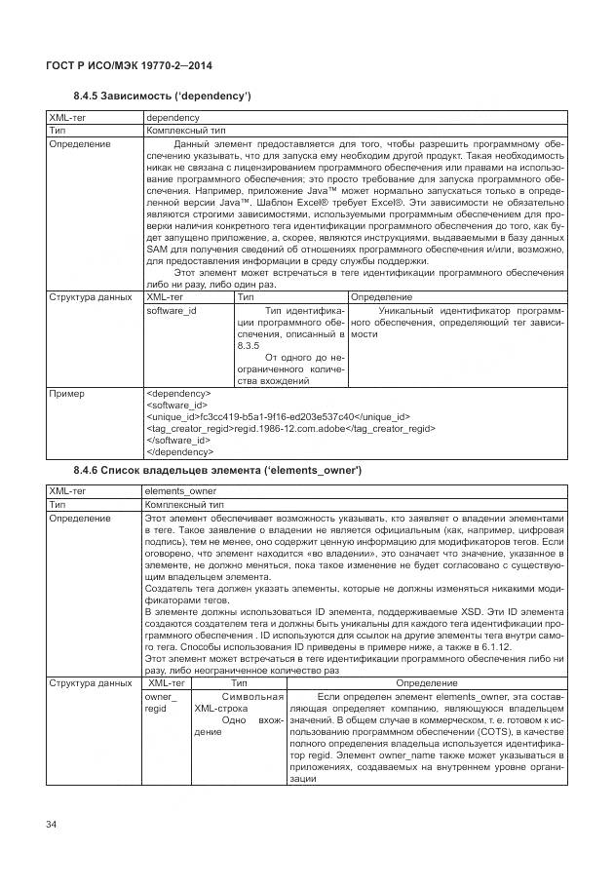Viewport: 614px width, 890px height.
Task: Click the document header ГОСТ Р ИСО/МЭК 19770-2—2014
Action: point(130,65)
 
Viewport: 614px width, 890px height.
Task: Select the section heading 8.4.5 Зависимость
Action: point(163,96)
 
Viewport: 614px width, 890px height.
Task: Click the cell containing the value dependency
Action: point(172,117)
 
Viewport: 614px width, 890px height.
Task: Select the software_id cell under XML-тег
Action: point(172,310)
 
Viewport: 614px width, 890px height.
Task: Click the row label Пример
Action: point(66,394)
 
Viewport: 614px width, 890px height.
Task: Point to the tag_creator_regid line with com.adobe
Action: point(289,428)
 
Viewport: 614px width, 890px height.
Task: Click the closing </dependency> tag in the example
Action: point(180,451)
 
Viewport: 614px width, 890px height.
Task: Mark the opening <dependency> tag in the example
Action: point(177,394)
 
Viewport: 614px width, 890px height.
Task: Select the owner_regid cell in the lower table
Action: point(161,703)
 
